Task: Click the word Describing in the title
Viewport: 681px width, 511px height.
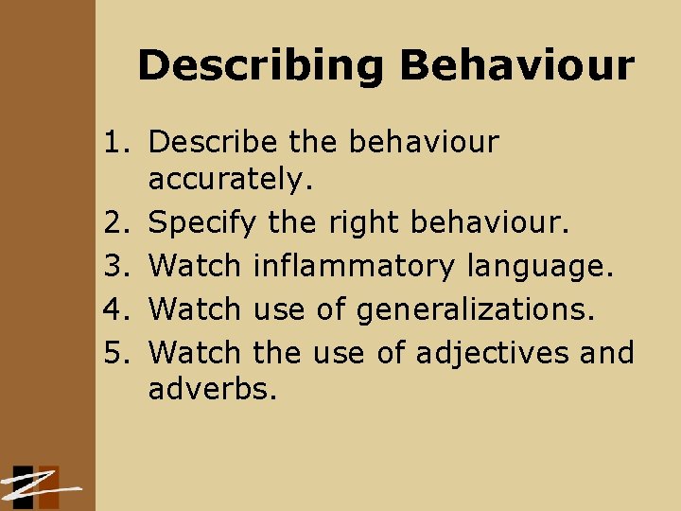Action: (x=261, y=66)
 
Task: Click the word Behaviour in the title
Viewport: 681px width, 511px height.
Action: (x=516, y=66)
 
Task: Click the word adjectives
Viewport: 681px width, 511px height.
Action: (x=493, y=353)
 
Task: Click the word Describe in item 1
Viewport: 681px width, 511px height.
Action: (x=214, y=142)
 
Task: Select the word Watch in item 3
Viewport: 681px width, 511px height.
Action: (x=195, y=267)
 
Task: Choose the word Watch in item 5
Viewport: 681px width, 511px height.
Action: (x=195, y=352)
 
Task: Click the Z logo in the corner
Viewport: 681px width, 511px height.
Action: (x=38, y=486)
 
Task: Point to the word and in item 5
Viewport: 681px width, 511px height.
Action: (x=607, y=352)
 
